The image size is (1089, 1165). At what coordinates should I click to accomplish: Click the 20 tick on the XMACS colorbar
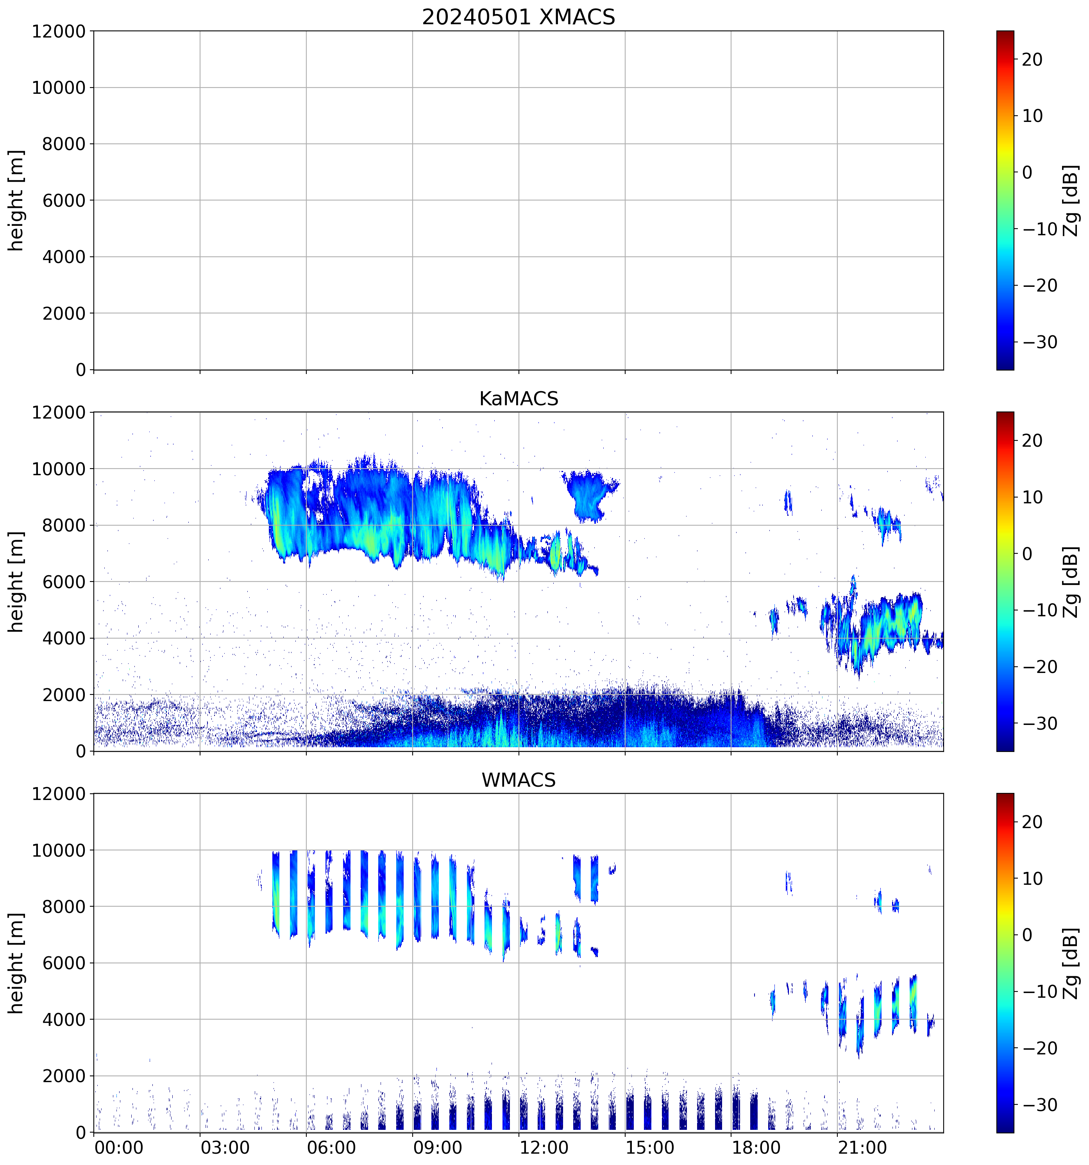pyautogui.click(x=1032, y=60)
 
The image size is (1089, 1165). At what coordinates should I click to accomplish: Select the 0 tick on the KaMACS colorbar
pyautogui.click(x=1027, y=554)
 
